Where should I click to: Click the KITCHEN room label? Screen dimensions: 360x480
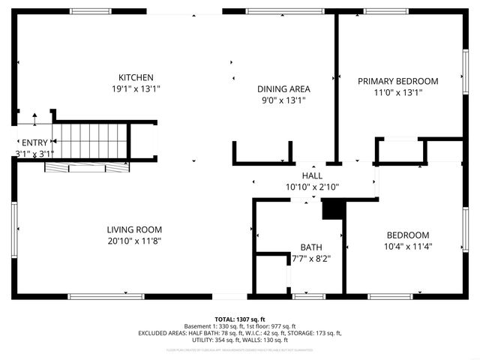pos(136,77)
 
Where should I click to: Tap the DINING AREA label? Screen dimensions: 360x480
pos(284,88)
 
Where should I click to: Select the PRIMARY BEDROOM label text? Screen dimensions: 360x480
pos(397,81)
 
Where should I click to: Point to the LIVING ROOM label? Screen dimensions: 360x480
pos(134,229)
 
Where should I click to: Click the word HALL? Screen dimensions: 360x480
pos(312,175)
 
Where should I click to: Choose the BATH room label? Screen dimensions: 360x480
pos(310,247)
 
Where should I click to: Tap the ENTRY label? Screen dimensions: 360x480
pos(34,142)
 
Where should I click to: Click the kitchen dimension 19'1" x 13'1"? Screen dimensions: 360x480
pos(136,88)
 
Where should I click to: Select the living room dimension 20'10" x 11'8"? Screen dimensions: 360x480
pos(134,241)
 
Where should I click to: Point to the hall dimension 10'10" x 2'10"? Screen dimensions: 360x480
pos(312,186)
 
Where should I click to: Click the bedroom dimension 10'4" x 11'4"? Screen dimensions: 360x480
pos(407,245)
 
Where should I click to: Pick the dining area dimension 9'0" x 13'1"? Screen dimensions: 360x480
pos(284,100)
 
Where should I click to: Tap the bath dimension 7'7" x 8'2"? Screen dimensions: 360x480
pos(310,259)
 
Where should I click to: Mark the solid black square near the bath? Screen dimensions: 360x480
pos(331,209)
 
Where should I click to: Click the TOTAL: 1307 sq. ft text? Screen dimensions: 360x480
pos(240,319)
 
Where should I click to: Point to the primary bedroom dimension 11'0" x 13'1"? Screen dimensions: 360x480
pos(397,92)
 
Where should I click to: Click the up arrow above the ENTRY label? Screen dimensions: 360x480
pos(34,119)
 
